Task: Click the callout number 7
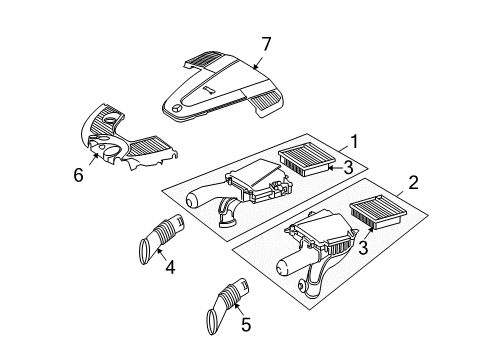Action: tap(266, 44)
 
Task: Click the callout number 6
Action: tap(78, 175)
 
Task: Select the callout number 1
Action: tap(354, 142)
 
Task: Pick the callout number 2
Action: tap(413, 183)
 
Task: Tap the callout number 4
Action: tap(170, 267)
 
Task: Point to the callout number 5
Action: tap(246, 324)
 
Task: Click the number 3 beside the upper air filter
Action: tap(348, 167)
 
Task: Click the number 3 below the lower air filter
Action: tap(363, 248)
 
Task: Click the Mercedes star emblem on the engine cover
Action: tap(177, 108)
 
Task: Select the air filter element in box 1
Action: tap(306, 160)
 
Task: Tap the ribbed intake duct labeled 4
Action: tap(161, 239)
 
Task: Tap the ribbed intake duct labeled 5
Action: tap(229, 305)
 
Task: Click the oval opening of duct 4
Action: tap(144, 252)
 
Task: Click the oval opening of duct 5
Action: tap(212, 322)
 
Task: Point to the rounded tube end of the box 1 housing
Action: tap(192, 201)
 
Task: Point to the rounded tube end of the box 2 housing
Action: tap(283, 268)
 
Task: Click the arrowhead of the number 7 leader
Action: tap(254, 67)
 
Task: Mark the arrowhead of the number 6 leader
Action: tap(96, 155)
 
